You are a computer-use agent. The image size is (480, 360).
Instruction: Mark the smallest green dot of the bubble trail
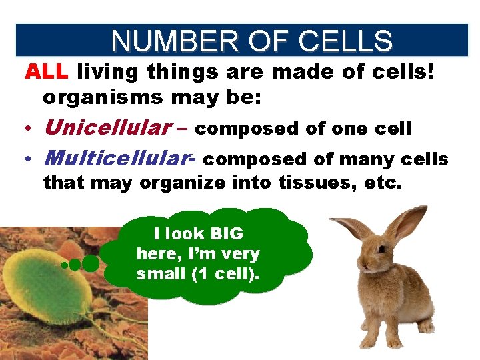pos(64,265)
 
